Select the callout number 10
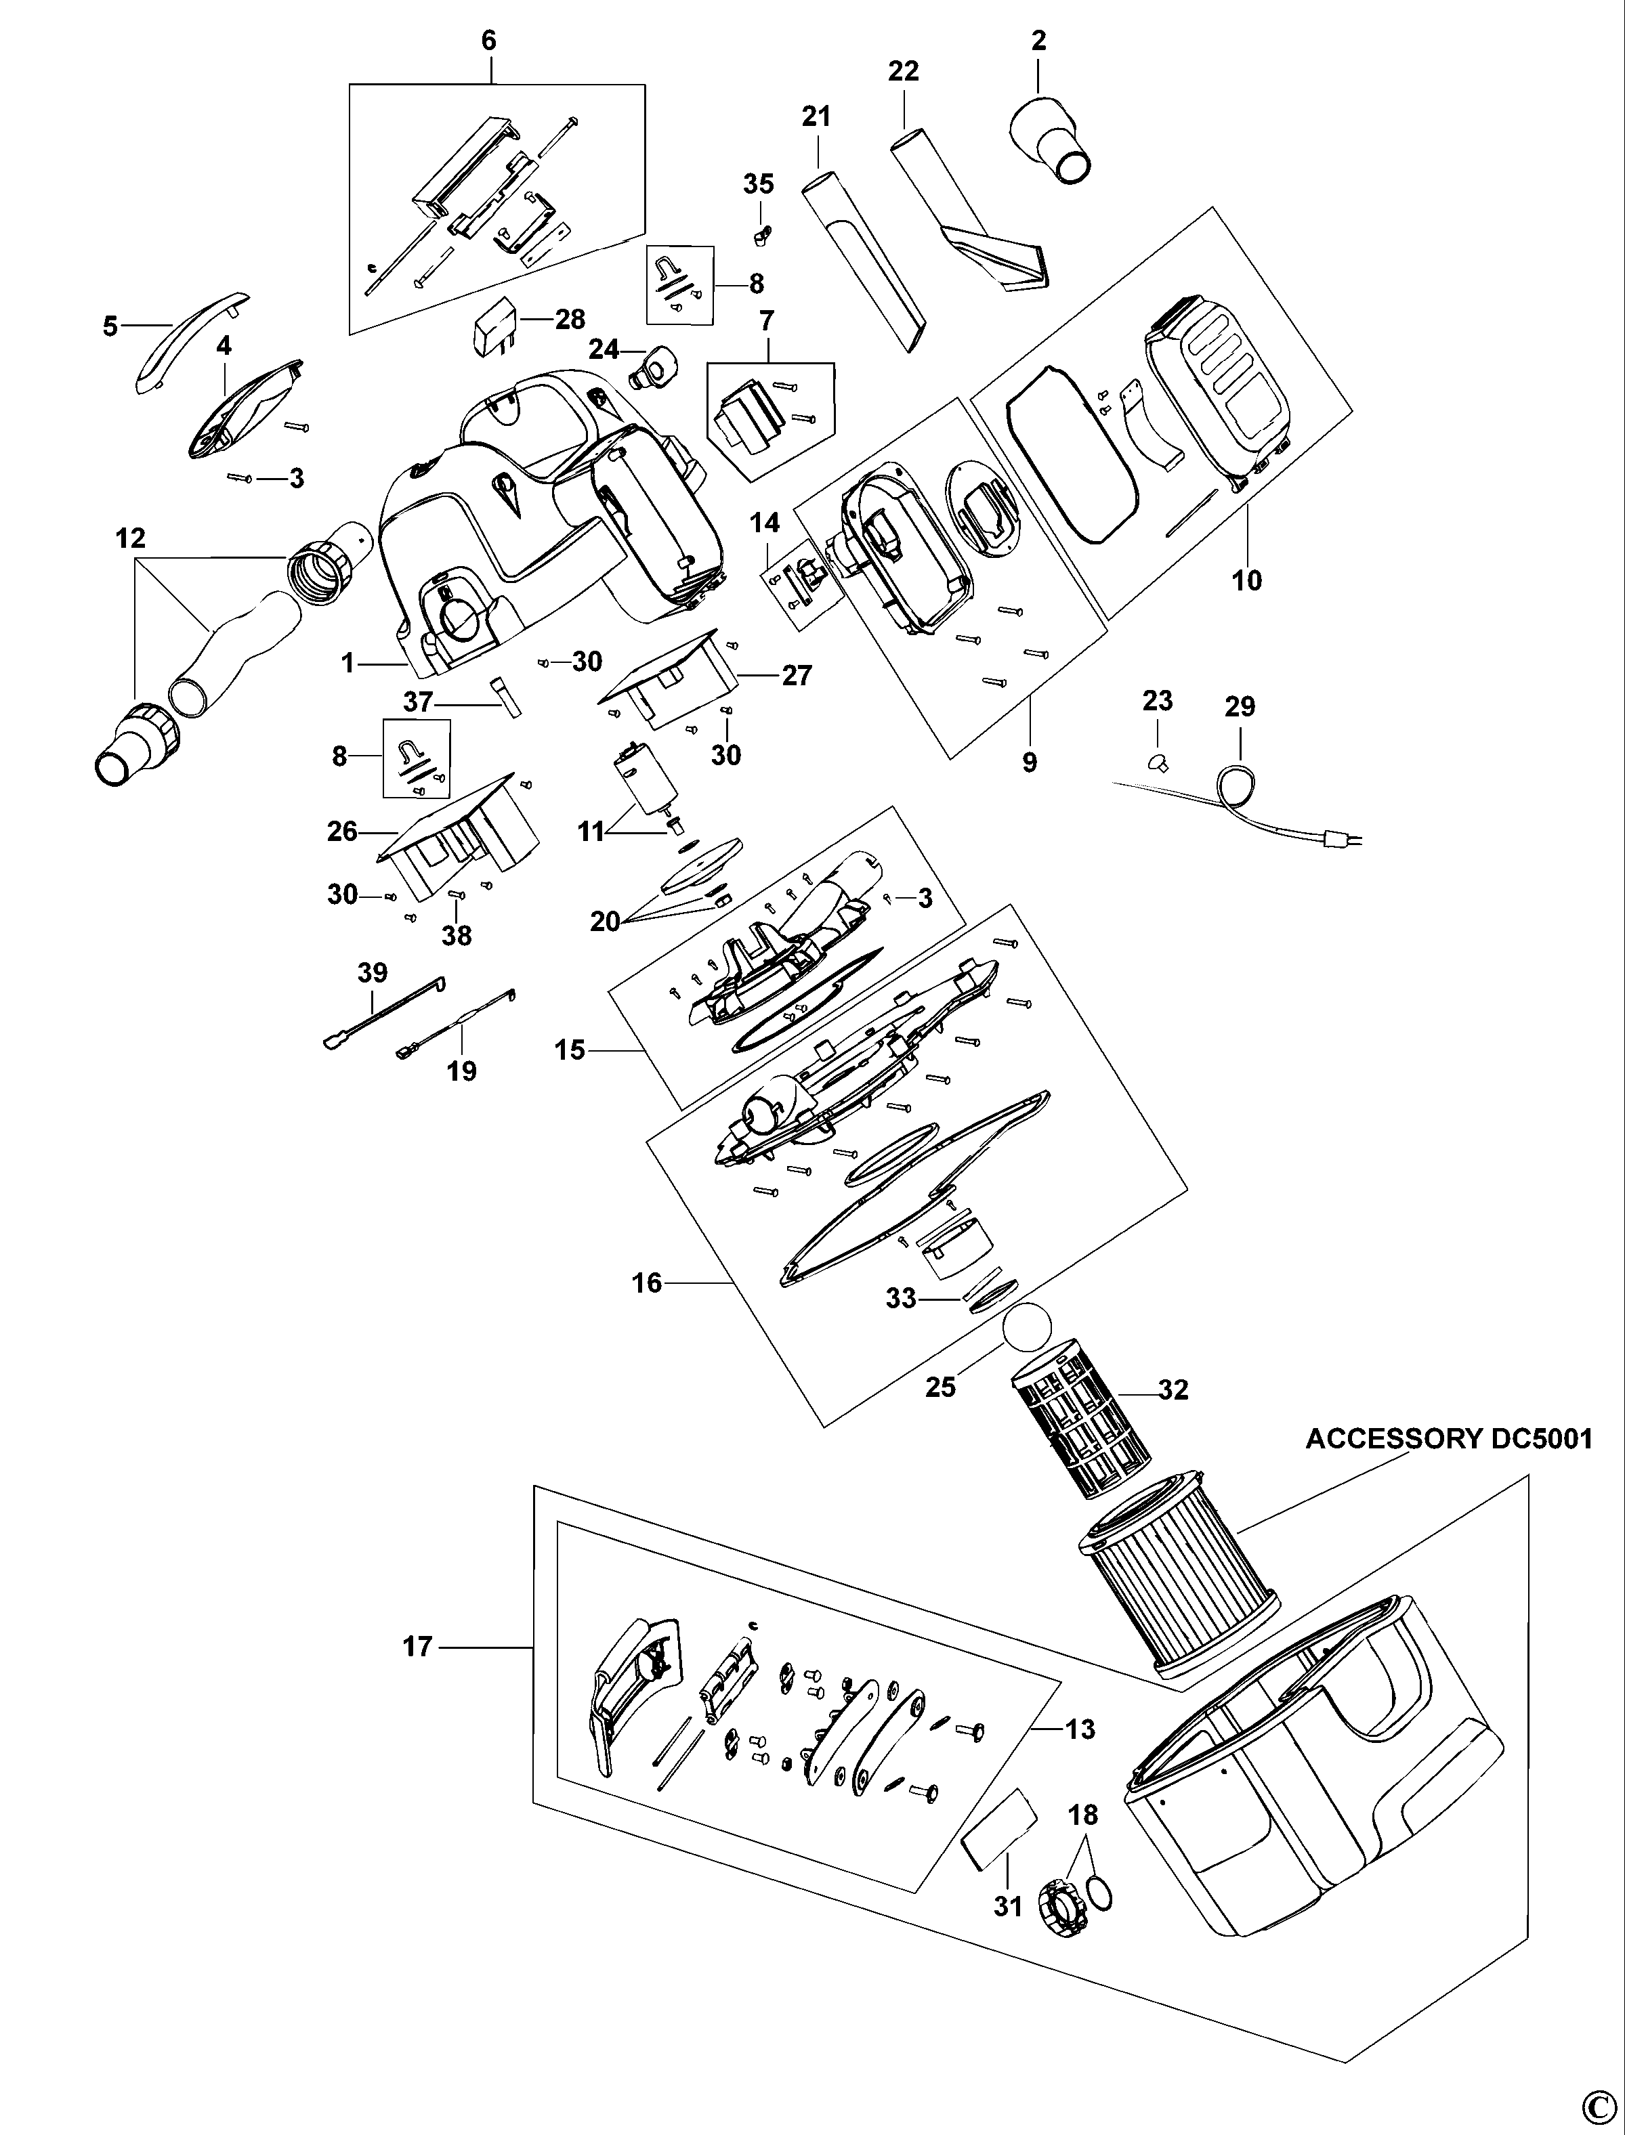(1247, 580)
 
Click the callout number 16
(646, 1283)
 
